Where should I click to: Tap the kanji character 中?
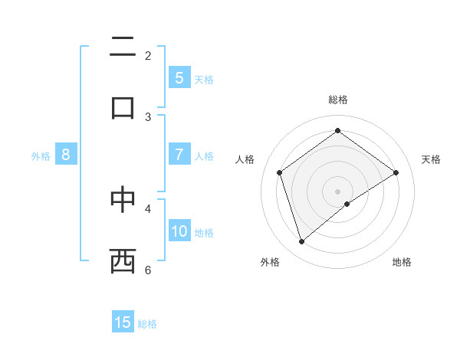(123, 198)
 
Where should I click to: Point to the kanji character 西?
(123, 260)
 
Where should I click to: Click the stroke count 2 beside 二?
(148, 55)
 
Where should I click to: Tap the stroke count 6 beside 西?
(148, 270)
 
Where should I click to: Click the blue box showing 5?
(179, 78)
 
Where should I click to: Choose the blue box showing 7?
(179, 155)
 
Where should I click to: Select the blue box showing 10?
(179, 231)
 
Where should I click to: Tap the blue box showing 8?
(66, 155)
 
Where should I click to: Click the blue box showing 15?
(123, 322)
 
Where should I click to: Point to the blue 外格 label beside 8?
(41, 156)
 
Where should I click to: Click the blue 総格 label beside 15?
(147, 324)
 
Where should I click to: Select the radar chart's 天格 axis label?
(431, 159)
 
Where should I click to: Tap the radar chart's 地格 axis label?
(402, 262)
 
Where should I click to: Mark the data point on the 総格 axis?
(337, 130)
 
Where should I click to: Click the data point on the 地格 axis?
(347, 204)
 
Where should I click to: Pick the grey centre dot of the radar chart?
(337, 191)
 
